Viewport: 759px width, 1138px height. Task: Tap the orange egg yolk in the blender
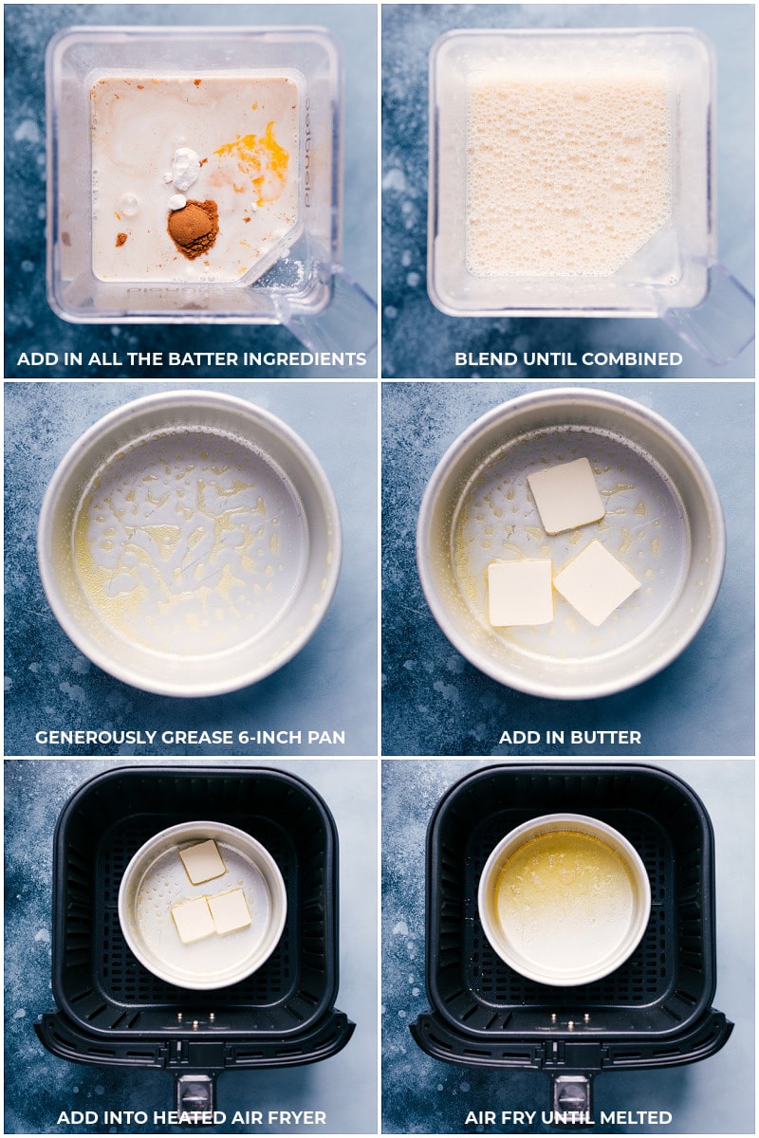click(257, 160)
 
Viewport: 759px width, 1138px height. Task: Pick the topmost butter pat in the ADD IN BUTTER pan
click(565, 495)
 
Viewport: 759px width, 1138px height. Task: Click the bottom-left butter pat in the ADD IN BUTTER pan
click(521, 593)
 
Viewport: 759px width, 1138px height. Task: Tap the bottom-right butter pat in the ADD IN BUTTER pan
click(597, 582)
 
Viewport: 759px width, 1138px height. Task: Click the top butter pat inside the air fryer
click(202, 862)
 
